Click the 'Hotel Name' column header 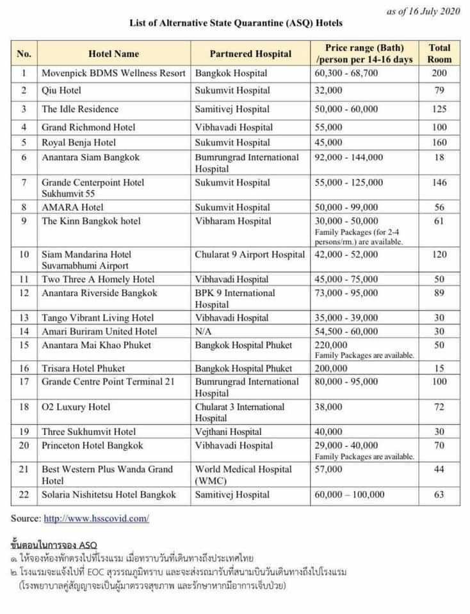coord(113,54)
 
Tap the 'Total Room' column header coord(439,54)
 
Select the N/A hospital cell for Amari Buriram coord(205,331)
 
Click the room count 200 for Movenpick coord(439,73)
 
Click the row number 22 coord(24,494)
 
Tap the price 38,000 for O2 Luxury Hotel coord(330,407)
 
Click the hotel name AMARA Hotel coord(72,207)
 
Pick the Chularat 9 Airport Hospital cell coord(250,255)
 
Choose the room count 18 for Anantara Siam coord(439,157)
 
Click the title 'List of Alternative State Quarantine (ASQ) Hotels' coord(236,23)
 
